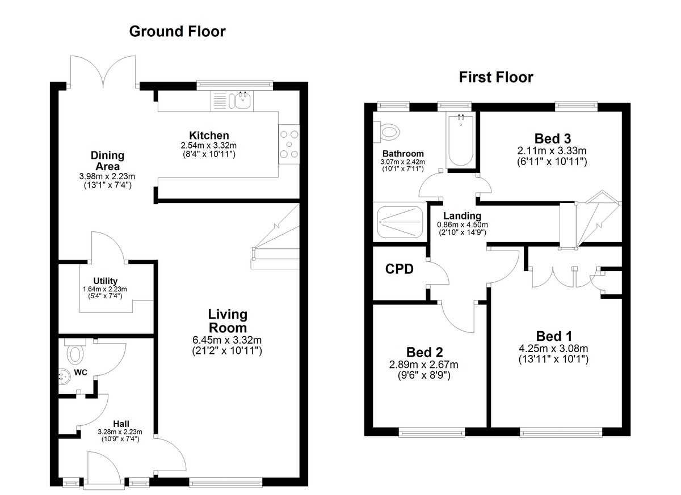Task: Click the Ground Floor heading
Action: [x=177, y=32]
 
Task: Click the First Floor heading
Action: [x=496, y=78]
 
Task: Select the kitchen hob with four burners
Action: [x=289, y=144]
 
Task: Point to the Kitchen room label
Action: [x=209, y=136]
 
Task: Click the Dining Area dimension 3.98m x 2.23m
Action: [x=107, y=176]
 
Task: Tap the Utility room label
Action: [x=105, y=281]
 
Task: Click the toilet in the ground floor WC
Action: [x=74, y=353]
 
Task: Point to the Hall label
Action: [x=121, y=424]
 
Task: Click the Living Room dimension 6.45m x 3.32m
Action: [x=227, y=340]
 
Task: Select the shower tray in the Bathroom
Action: [x=400, y=222]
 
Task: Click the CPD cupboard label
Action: [x=399, y=269]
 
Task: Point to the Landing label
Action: [x=462, y=216]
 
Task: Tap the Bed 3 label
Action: [x=552, y=139]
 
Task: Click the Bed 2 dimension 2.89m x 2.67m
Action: [x=424, y=365]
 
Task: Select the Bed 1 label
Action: [x=554, y=336]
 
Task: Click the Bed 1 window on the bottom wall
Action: [x=561, y=432]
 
